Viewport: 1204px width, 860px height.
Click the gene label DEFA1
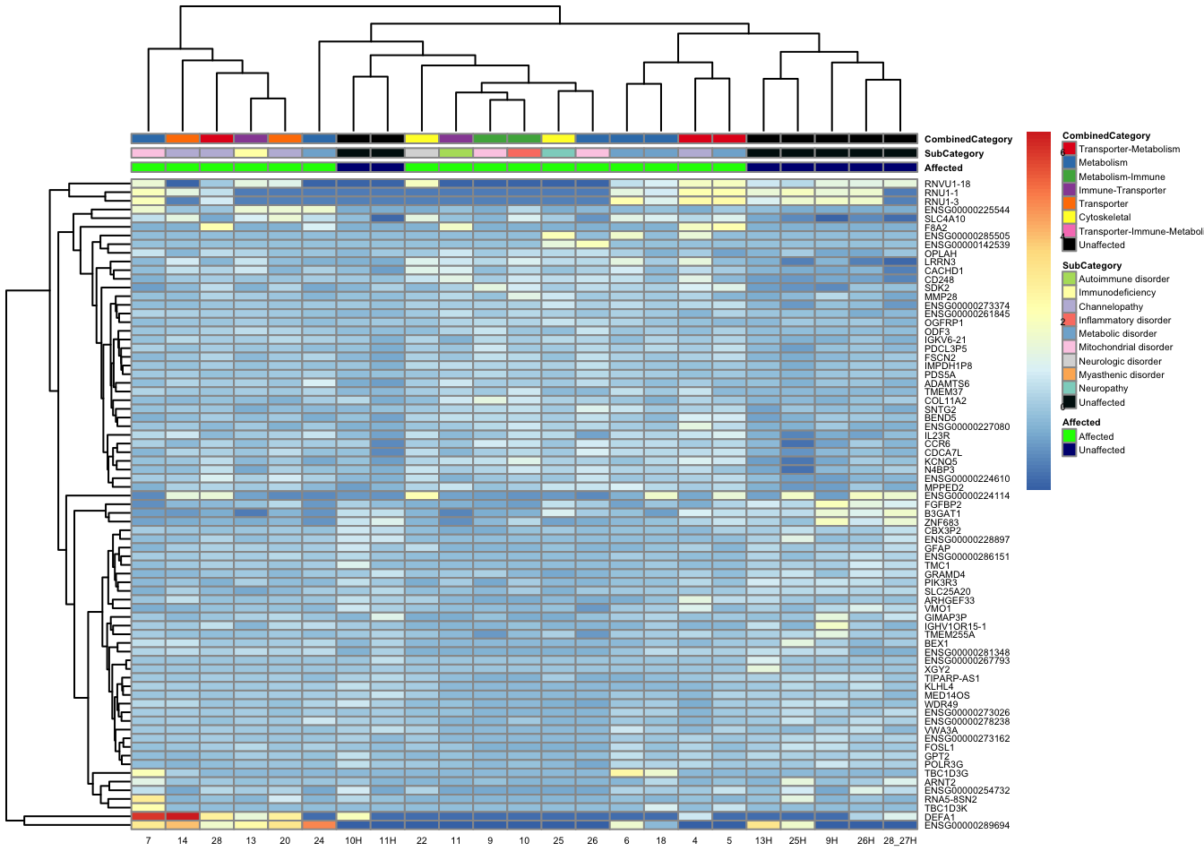coord(939,817)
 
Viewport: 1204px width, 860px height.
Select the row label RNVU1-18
coord(947,185)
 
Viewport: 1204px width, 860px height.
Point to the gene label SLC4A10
coord(944,219)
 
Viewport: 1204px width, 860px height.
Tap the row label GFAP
coord(937,548)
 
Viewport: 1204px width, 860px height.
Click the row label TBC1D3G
coord(946,773)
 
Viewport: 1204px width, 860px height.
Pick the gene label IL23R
coord(937,435)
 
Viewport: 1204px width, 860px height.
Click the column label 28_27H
coord(900,841)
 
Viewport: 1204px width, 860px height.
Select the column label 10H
coord(354,841)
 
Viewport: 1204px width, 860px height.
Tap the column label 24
coord(320,841)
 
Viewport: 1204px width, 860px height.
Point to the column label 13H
coord(763,841)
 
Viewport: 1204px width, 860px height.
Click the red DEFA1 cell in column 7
coord(148,816)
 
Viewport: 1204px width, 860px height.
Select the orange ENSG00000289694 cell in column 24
coord(320,825)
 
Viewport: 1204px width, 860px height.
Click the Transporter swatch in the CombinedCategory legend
coord(1069,203)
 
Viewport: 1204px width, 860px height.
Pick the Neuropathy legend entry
coord(1103,388)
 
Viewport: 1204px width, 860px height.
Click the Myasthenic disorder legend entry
coord(1121,374)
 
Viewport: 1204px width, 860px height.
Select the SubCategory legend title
coord(1091,265)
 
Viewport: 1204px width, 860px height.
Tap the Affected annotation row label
coord(942,168)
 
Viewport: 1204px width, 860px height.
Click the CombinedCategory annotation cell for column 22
coord(422,139)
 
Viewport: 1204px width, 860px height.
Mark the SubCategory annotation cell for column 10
coord(524,153)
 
